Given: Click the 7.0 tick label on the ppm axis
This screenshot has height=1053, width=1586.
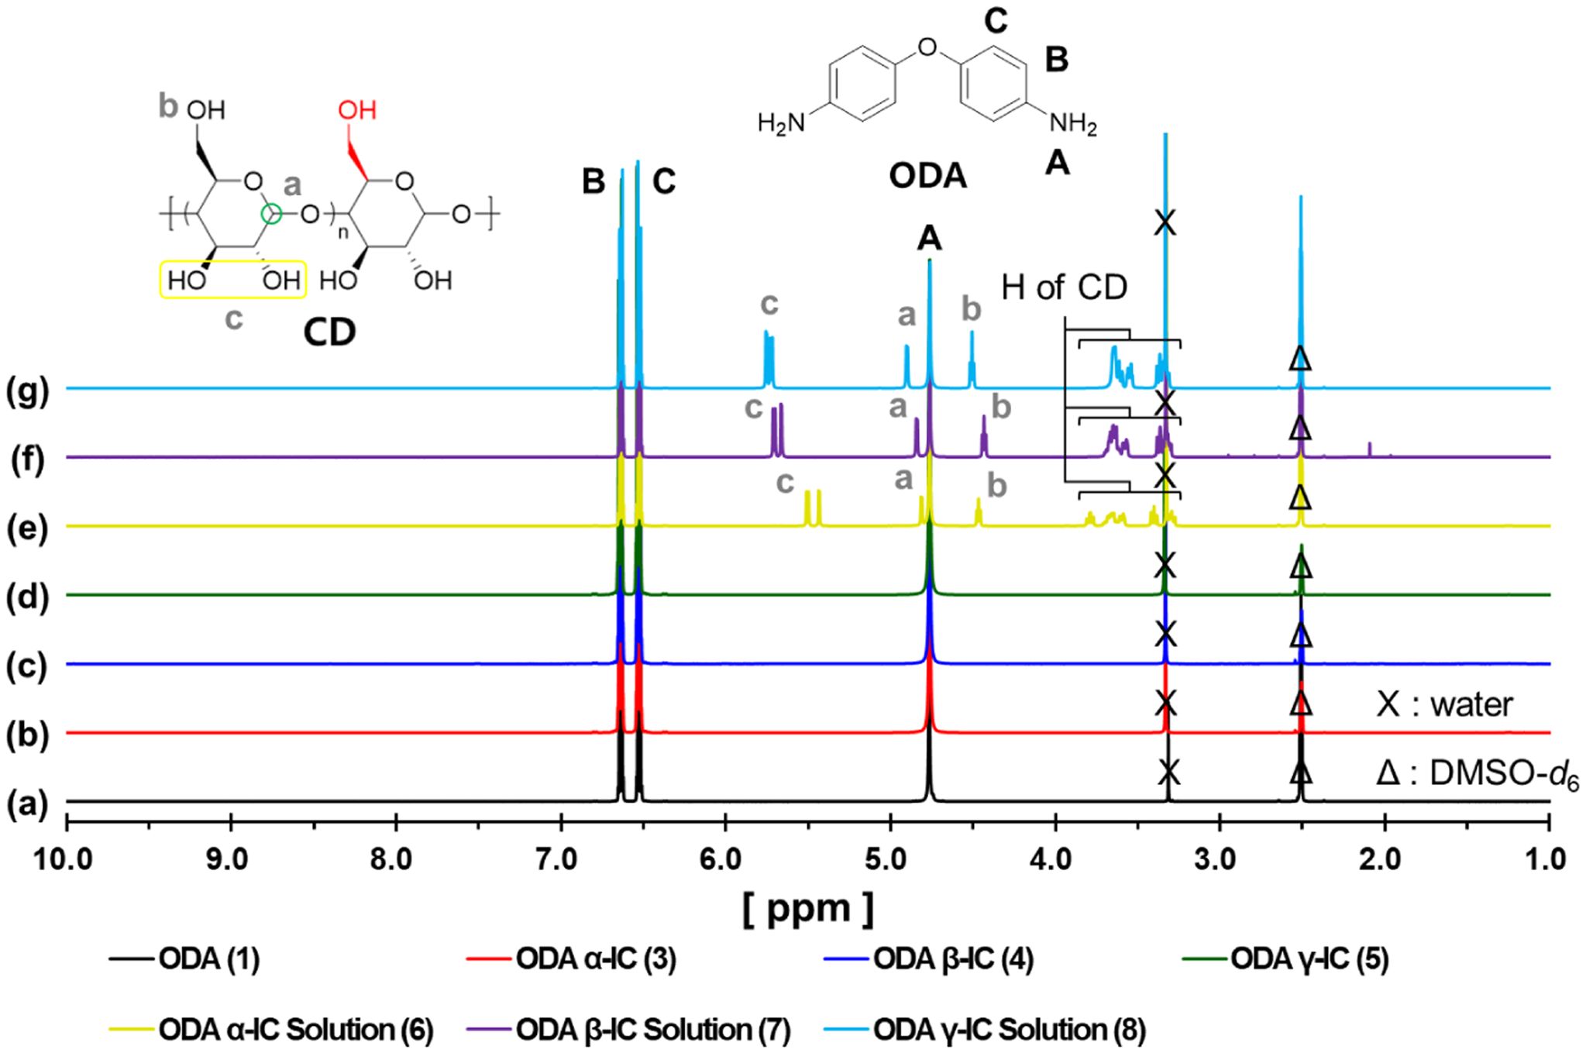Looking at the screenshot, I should click(x=560, y=860).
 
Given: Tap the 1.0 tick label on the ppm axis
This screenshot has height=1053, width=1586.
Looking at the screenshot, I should click(x=1549, y=860).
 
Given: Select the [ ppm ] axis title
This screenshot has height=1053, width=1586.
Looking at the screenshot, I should click(x=807, y=908).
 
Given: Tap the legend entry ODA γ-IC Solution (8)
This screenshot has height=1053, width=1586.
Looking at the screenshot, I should click(x=1010, y=1030).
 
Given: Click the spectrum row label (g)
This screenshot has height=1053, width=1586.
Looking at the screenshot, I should click(x=28, y=392).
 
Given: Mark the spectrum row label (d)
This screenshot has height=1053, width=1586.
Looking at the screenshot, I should click(x=28, y=598).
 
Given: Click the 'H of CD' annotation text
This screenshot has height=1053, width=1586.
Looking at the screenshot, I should click(x=1064, y=288).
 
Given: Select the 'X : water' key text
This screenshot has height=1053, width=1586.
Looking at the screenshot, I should click(x=1445, y=705).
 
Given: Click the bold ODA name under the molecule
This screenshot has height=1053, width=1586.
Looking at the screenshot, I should click(x=927, y=177).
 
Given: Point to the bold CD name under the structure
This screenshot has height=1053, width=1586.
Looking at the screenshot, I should click(x=329, y=332).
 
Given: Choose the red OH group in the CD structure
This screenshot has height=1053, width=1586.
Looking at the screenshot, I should click(x=357, y=110).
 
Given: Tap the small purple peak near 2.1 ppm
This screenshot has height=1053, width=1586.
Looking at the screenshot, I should click(x=1370, y=449).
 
